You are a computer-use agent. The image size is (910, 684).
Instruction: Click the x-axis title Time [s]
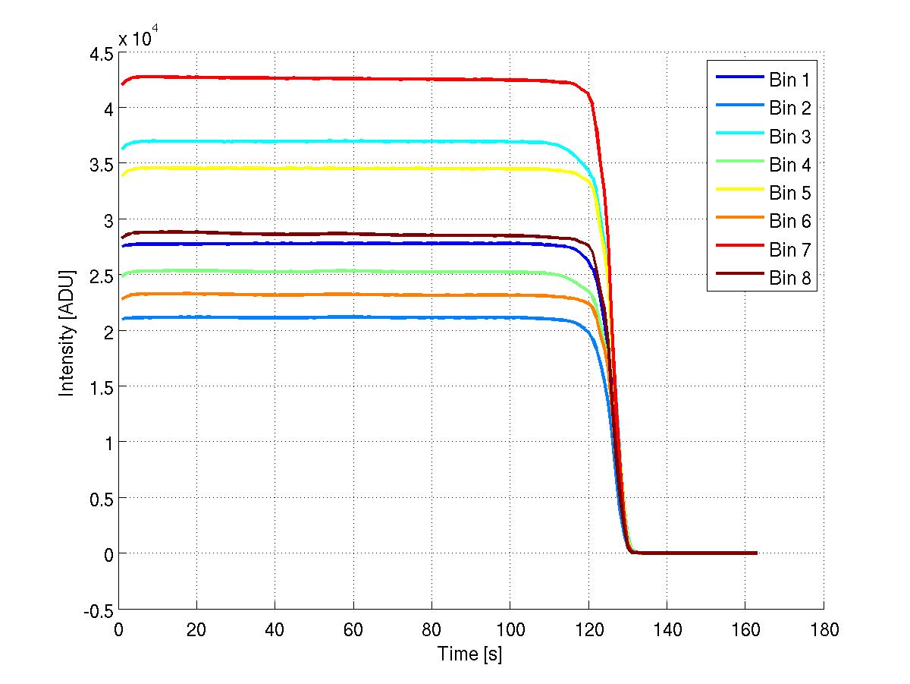click(469, 654)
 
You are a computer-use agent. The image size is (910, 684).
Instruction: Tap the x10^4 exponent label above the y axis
click(139, 37)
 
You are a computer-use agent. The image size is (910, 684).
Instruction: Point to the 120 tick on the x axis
click(588, 629)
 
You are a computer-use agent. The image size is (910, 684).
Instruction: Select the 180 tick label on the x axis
click(824, 629)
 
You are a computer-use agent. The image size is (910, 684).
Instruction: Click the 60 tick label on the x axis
click(353, 629)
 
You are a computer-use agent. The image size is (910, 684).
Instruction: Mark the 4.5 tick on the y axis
click(102, 53)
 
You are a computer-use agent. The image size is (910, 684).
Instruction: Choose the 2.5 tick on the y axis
click(102, 276)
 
